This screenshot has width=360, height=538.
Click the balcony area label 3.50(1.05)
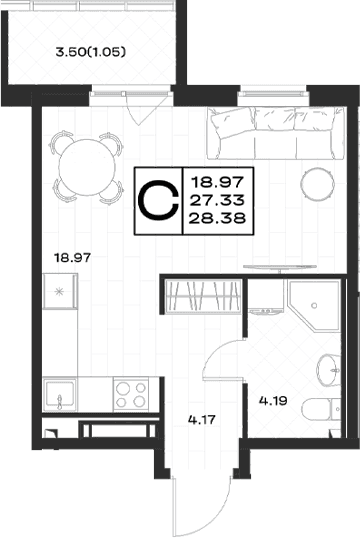[x=91, y=52]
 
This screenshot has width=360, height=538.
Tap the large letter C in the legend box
[x=159, y=201]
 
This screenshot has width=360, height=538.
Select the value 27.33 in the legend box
[x=217, y=200]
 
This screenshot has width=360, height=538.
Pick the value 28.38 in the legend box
[x=217, y=218]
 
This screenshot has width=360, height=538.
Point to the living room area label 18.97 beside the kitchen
[x=73, y=257]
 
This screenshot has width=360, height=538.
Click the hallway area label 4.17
[x=202, y=419]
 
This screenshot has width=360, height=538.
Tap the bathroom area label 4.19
[x=273, y=400]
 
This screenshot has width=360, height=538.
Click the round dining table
[x=87, y=167]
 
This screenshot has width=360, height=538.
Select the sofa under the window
[x=275, y=133]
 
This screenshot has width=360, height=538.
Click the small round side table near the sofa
[x=317, y=183]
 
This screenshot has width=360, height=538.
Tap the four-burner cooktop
[x=131, y=394]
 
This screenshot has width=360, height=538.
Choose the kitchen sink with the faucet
[x=60, y=394]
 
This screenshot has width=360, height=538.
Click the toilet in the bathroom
[x=322, y=408]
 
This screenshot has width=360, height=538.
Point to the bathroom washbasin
[x=328, y=370]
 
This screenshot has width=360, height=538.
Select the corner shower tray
[x=314, y=306]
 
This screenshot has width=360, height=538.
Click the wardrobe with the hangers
[x=203, y=296]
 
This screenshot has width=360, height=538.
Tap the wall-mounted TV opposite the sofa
[x=280, y=267]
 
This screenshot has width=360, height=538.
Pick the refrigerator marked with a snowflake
[x=60, y=292]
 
